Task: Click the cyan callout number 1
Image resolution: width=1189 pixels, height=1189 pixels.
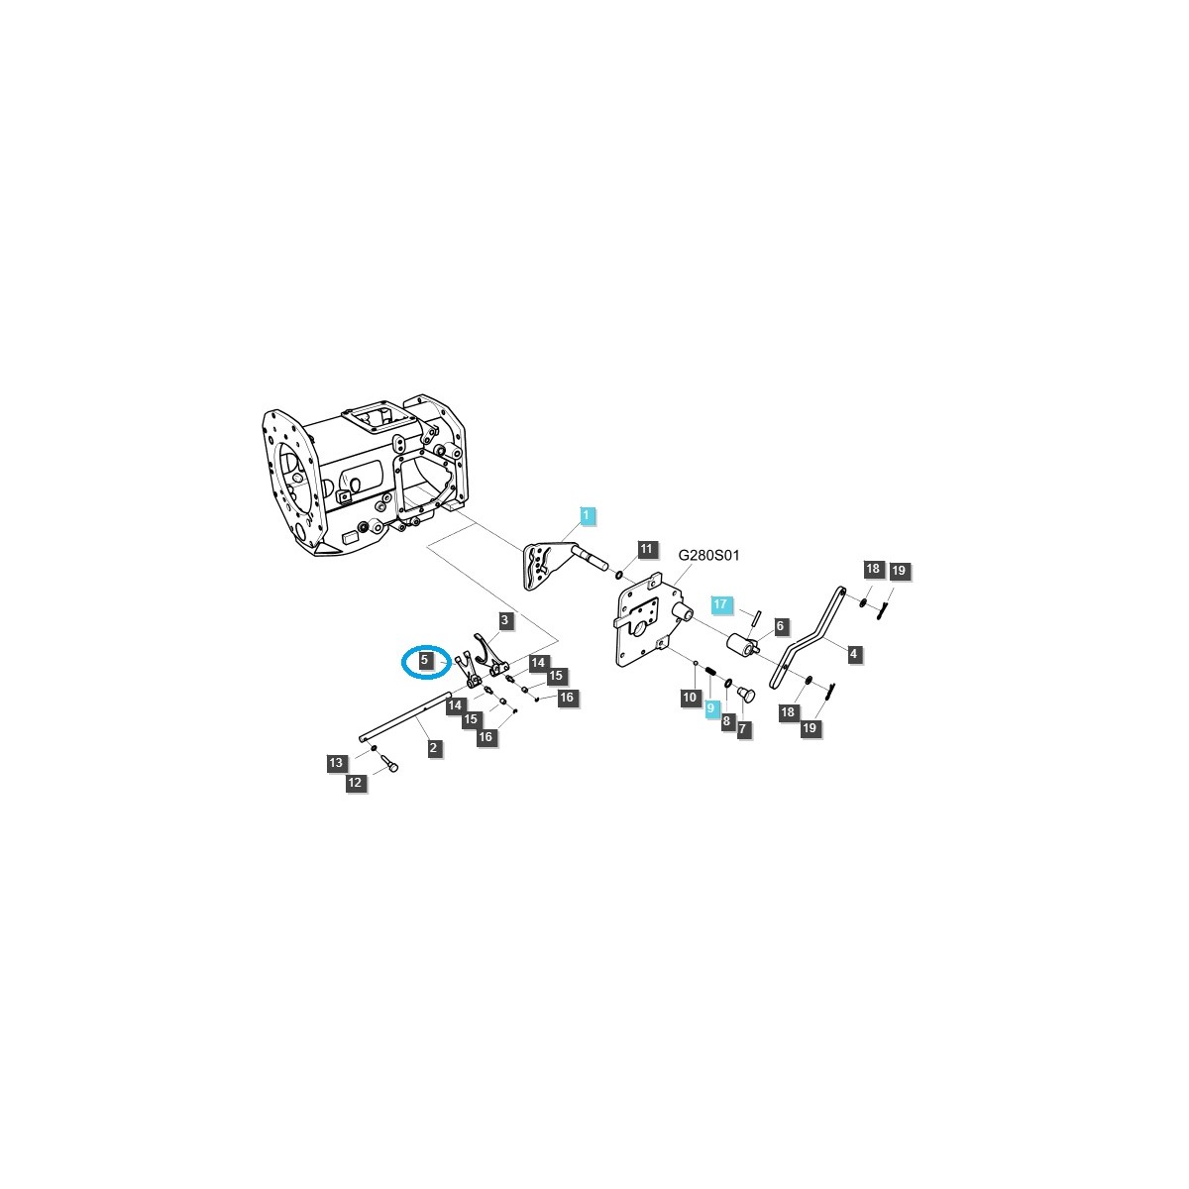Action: click(587, 515)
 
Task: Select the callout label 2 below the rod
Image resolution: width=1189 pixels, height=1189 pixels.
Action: click(433, 748)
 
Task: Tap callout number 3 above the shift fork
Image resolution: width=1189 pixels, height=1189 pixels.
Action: click(504, 620)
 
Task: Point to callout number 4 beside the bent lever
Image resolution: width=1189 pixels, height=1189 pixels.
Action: click(853, 653)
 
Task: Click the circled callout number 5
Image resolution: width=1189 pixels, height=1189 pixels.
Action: click(424, 660)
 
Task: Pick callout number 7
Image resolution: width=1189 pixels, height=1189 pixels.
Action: click(742, 728)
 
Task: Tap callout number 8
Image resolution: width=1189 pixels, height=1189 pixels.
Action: click(726, 720)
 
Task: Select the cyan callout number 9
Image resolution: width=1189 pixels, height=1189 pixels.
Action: click(710, 707)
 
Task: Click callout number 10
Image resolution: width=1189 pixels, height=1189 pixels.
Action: click(690, 698)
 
